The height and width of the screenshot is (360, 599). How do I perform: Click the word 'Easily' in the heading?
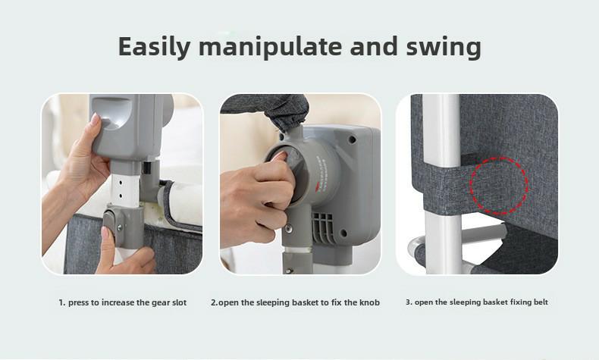(156, 47)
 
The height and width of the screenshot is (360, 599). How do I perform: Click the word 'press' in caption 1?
(80, 302)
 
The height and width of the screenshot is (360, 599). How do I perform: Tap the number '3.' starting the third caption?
(409, 302)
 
